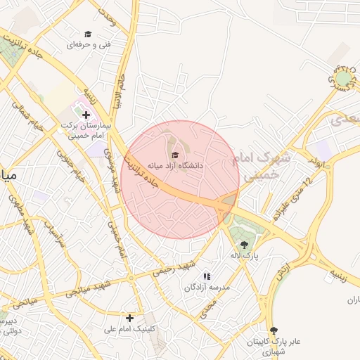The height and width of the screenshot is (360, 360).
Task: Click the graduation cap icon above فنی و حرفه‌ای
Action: [x=88, y=34]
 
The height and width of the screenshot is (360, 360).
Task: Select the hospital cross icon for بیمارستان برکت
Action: [x=86, y=114]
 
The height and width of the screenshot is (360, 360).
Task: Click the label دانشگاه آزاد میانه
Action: [x=175, y=165]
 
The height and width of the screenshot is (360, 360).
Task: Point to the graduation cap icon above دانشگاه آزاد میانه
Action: [x=175, y=154]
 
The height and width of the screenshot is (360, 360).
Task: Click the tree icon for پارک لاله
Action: [x=244, y=245]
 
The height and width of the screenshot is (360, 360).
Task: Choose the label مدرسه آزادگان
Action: [x=207, y=288]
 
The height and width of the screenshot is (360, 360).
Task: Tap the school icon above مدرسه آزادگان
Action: [x=207, y=276]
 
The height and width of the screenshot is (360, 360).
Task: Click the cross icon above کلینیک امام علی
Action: [x=129, y=318]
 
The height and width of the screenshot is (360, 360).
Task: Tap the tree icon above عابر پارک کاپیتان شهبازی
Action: [x=274, y=330]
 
